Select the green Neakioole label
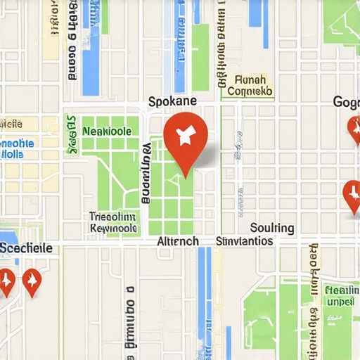point(106,131)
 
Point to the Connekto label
point(249,91)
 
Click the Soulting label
point(272,228)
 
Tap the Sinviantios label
point(243,241)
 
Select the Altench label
point(177,241)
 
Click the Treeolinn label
point(112,217)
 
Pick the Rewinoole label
point(113,229)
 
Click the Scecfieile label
point(26,248)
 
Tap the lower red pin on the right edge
point(352,193)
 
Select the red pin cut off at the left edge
point(6,281)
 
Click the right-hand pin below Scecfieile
point(32,281)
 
